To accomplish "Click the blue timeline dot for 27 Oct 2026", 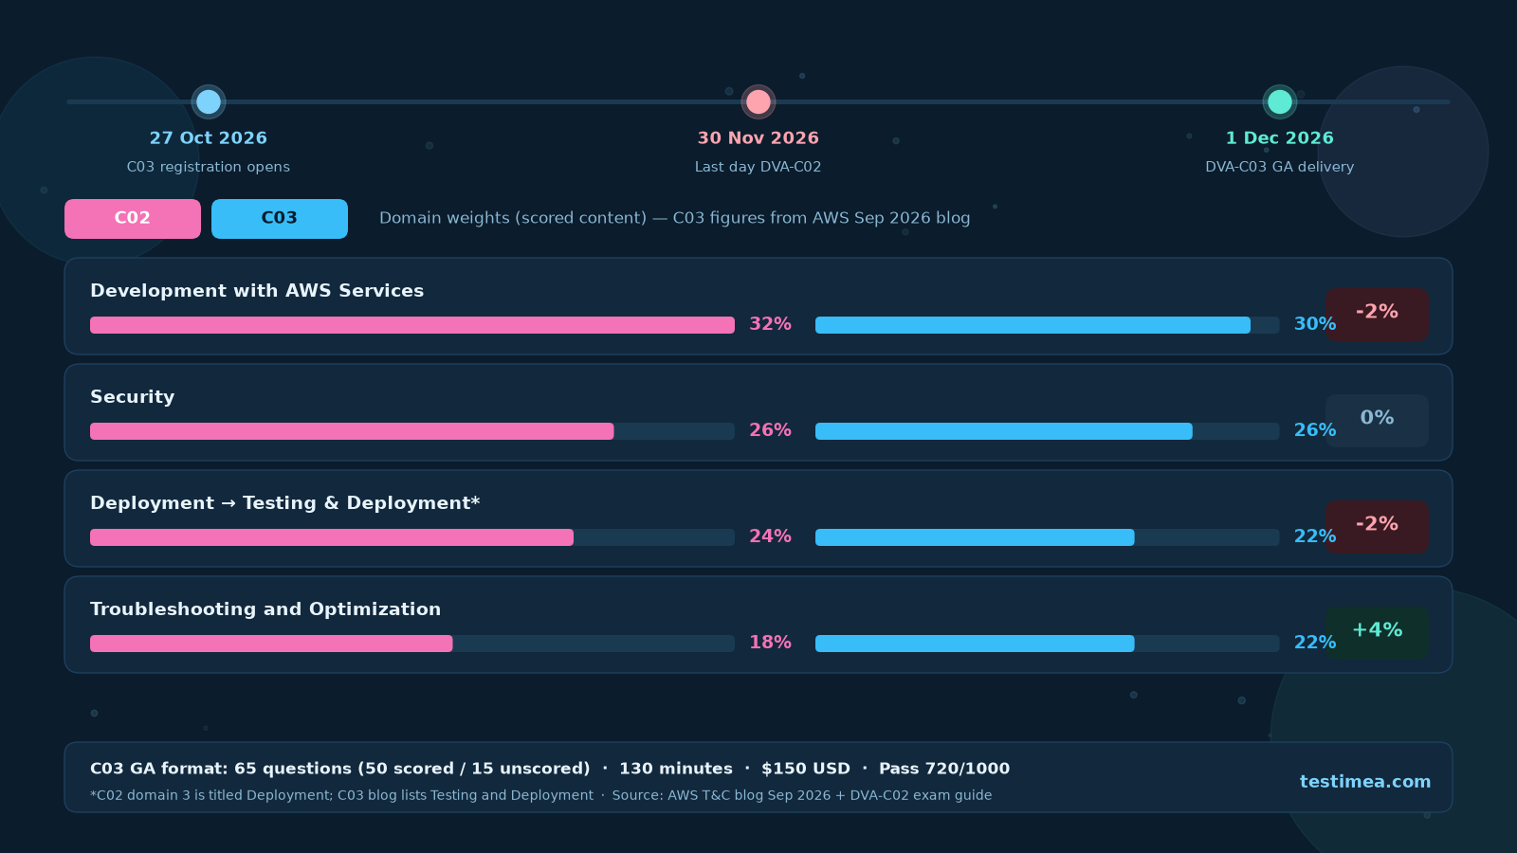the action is coord(208,102).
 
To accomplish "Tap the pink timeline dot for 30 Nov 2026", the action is coord(758,102).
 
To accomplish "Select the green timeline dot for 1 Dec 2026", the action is coord(1279,102).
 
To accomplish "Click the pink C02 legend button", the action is coord(133,219).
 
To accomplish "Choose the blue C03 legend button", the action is coord(280,219).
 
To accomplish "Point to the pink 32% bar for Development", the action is coord(412,325).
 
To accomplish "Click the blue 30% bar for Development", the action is coord(1033,325).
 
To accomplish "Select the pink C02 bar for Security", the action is coord(352,431).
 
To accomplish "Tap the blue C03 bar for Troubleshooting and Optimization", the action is coord(975,644).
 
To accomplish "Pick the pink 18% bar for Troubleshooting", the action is coord(271,644).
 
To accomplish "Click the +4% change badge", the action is coord(1377,632).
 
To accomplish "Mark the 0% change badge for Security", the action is coord(1377,421).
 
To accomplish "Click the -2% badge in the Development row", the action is coord(1377,314).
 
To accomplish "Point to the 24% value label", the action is coord(770,536).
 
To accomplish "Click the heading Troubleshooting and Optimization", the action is coord(265,609).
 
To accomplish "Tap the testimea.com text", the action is coord(1365,782).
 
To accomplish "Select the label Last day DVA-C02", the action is coord(758,167).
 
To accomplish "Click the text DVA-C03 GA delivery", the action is coord(1279,167).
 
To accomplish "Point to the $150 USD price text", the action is coord(806,769).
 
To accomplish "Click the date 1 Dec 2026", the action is coord(1279,138).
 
